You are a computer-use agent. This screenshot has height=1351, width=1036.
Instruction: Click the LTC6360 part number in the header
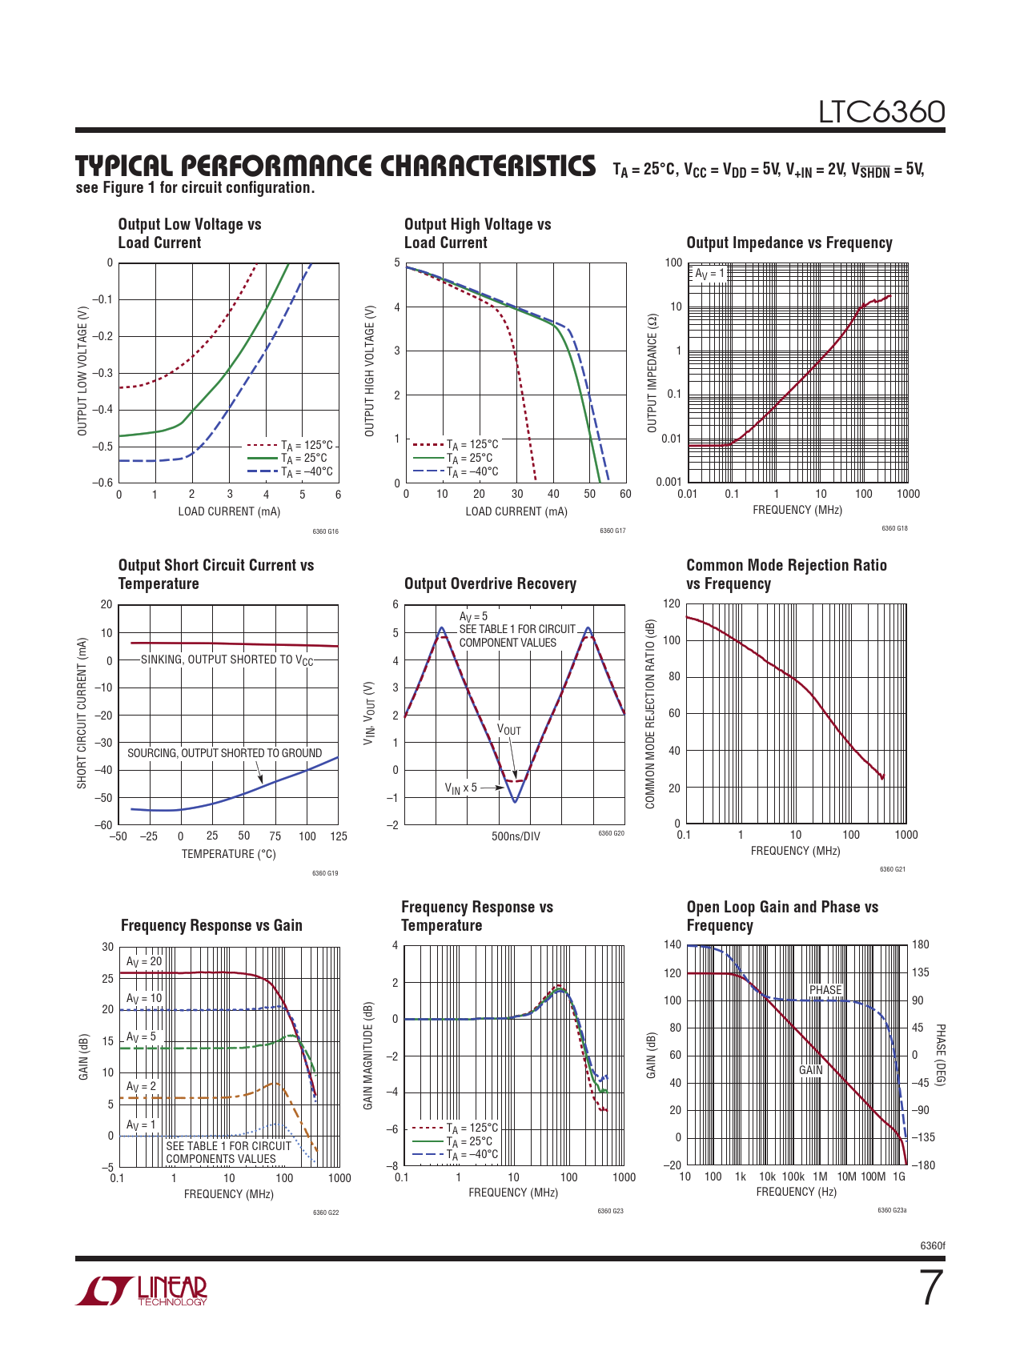click(x=881, y=112)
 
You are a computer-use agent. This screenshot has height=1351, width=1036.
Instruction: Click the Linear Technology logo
click(x=142, y=1289)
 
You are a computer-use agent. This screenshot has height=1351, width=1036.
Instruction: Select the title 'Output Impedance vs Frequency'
click(x=789, y=243)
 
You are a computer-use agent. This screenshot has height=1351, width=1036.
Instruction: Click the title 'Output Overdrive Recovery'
click(x=490, y=583)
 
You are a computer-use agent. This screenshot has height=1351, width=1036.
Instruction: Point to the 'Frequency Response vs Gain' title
click(x=211, y=925)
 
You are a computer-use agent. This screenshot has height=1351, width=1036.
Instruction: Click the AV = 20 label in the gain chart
click(x=144, y=961)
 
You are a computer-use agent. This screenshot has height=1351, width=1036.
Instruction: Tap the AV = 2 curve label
click(x=142, y=1086)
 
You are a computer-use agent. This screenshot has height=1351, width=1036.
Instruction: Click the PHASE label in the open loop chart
click(x=825, y=990)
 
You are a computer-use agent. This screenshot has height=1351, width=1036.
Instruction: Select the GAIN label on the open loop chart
click(x=810, y=1070)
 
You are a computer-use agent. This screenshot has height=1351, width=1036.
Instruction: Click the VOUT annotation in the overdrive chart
click(x=509, y=729)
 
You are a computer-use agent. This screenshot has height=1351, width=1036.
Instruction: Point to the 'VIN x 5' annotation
click(x=461, y=788)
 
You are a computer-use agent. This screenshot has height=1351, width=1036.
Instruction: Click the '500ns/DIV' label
click(x=516, y=836)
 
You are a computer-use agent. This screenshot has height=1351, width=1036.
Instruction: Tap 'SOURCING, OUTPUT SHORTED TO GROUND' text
click(x=224, y=753)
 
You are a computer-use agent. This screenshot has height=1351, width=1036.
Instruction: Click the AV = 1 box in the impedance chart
click(x=709, y=274)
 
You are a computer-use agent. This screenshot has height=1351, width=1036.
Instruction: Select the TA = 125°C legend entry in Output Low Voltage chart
click(x=307, y=445)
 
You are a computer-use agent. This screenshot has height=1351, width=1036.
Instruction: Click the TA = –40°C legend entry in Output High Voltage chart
click(x=472, y=471)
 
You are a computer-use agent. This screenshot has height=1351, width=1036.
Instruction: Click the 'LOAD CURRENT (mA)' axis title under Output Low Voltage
click(x=229, y=511)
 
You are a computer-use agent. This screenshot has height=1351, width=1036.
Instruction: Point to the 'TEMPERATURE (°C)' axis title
click(x=228, y=854)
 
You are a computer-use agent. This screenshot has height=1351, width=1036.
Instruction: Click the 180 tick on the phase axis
click(x=921, y=944)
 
